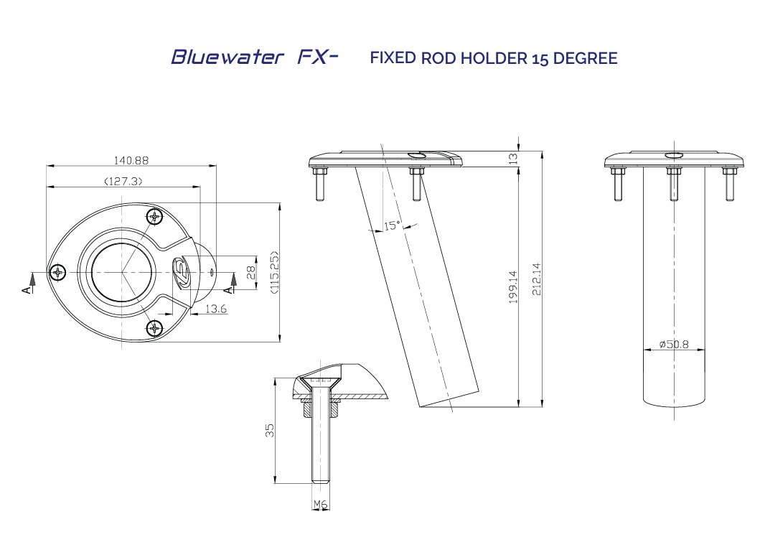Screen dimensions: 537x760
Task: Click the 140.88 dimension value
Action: [x=131, y=160]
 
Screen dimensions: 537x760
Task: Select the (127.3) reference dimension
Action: [x=123, y=182]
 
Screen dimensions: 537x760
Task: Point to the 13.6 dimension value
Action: [x=215, y=309]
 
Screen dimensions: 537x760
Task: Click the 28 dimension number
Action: [x=250, y=273]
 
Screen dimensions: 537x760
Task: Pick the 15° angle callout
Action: [x=392, y=226]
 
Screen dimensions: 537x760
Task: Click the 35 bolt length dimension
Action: [x=270, y=430]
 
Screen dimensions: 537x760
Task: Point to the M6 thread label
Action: [x=321, y=505]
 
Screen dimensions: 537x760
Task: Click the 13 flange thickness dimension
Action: [x=512, y=159]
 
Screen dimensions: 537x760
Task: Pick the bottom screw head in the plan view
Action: [x=156, y=328]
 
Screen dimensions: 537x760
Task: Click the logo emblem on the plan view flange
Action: [x=180, y=272]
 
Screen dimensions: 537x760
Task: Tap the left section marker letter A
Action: [x=27, y=289]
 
